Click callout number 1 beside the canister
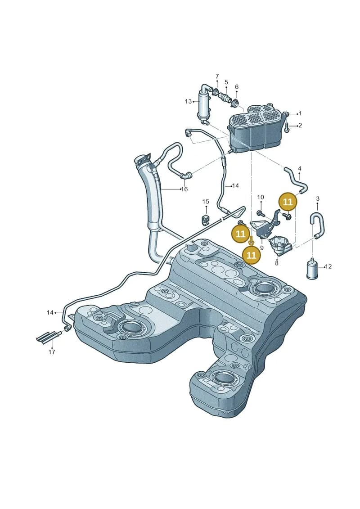tap(300, 113)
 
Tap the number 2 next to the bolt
tap(300, 125)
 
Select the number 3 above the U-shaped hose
tap(318, 198)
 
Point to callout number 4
tap(299, 168)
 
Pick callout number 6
tap(237, 87)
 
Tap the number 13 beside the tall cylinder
tap(188, 102)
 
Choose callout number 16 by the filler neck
tap(184, 189)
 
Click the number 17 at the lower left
tap(52, 351)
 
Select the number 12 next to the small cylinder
tap(328, 266)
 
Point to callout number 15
tap(206, 202)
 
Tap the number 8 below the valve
tap(277, 263)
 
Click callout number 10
tap(261, 197)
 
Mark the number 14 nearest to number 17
tap(50, 313)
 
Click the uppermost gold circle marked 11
tap(288, 202)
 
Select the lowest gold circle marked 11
tap(252, 255)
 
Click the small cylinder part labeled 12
tap(312, 269)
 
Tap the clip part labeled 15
tap(206, 219)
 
